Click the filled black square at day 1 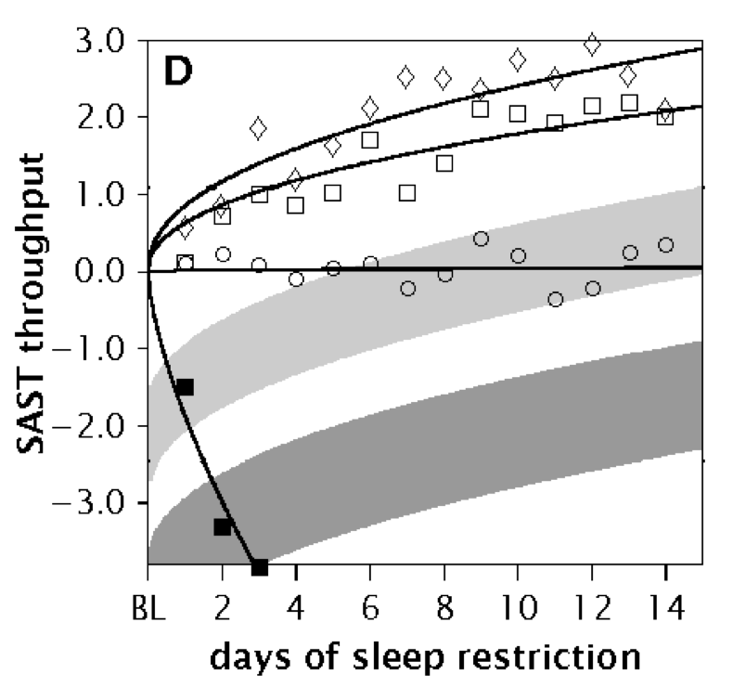pyautogui.click(x=185, y=387)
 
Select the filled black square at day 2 pyautogui.click(x=222, y=526)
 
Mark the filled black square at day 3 pyautogui.click(x=259, y=566)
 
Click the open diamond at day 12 pyautogui.click(x=591, y=44)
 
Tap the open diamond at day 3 pyautogui.click(x=259, y=128)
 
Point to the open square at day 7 pyautogui.click(x=406, y=193)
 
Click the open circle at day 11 pyautogui.click(x=555, y=299)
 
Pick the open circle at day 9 pyautogui.click(x=481, y=239)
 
